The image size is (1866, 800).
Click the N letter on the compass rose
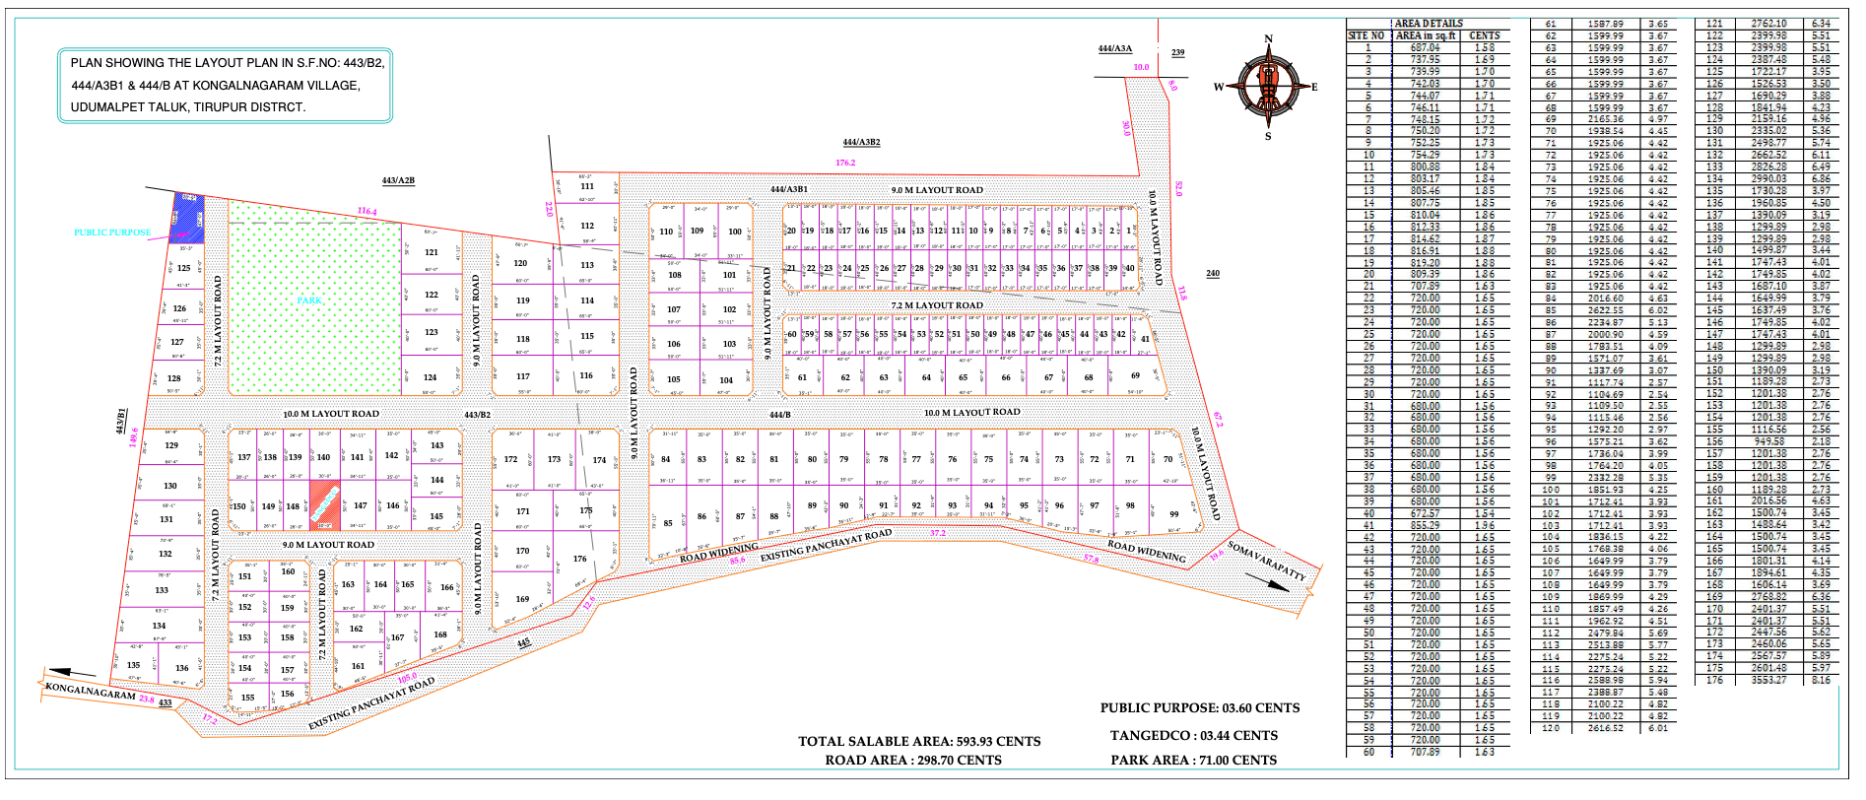tap(1268, 38)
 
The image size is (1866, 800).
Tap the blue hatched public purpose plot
tap(186, 219)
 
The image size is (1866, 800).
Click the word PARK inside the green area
tap(309, 300)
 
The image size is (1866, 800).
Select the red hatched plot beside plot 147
tap(325, 504)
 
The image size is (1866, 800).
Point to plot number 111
tap(587, 186)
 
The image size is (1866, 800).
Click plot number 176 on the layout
tap(579, 559)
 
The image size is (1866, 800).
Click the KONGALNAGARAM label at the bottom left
tap(91, 692)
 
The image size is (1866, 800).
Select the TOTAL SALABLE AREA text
tap(919, 742)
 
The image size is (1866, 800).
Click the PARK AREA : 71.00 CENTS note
tap(1193, 761)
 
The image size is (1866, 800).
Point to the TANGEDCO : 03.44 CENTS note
tap(1193, 736)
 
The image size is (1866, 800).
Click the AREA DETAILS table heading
tap(1429, 23)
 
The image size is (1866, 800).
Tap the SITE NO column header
tap(1366, 35)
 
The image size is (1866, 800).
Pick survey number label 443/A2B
tap(398, 180)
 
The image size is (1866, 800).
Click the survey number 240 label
tap(1212, 274)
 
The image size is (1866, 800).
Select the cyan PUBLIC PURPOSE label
tap(113, 233)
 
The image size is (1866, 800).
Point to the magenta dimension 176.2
tap(845, 163)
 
